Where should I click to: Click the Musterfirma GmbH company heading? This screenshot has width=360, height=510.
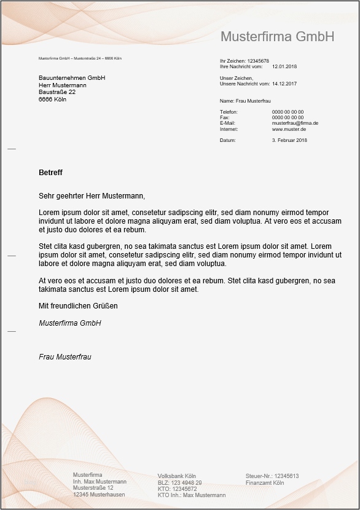coord(277,37)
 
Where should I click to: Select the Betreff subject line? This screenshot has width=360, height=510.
coord(50,173)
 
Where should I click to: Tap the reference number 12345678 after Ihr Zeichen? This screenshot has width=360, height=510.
coord(258,61)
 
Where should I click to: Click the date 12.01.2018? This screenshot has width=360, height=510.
coord(284,66)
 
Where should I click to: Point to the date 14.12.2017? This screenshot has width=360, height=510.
coord(284,84)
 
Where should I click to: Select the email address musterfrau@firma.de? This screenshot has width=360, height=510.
coord(295,124)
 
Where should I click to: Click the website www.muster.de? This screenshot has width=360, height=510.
coord(289,130)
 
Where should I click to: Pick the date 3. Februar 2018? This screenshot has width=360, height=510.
coord(289,141)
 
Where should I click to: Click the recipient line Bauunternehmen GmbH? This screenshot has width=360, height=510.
coord(72,78)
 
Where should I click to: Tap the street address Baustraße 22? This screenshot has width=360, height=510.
coord(57,92)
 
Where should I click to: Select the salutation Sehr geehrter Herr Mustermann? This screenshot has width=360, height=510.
coord(92,197)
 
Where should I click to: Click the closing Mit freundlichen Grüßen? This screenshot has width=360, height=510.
coord(78,305)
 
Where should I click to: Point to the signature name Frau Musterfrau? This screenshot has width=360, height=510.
coord(65,356)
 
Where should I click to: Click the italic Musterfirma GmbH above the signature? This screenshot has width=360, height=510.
coord(69,323)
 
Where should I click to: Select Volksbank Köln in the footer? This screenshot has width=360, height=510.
coord(177,476)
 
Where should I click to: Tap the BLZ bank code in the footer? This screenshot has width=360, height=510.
coord(179,483)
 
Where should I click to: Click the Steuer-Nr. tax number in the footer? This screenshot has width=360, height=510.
coord(272,476)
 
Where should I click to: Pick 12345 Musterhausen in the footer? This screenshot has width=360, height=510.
coord(99,495)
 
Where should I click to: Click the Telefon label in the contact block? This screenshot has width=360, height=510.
coord(229,112)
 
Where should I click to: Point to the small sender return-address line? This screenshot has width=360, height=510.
coord(80,58)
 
